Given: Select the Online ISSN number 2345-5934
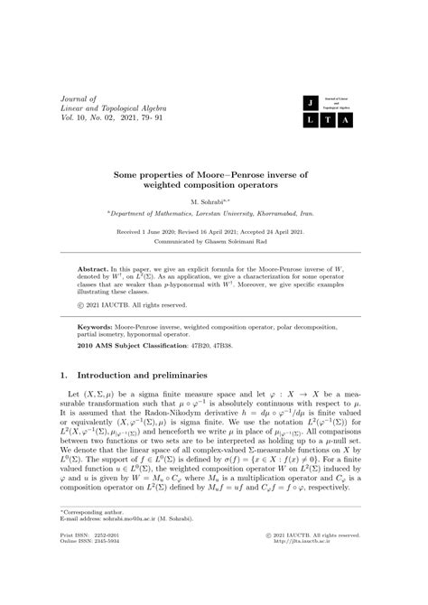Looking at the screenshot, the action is click(116, 591).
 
